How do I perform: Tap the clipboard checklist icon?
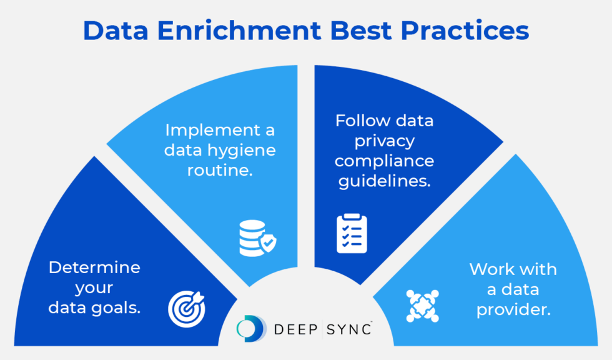[352, 234]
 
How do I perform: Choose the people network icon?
[422, 306]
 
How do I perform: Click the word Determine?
[94, 267]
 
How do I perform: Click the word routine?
[220, 170]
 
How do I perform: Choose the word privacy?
[384, 141]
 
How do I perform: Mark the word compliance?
[384, 161]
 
